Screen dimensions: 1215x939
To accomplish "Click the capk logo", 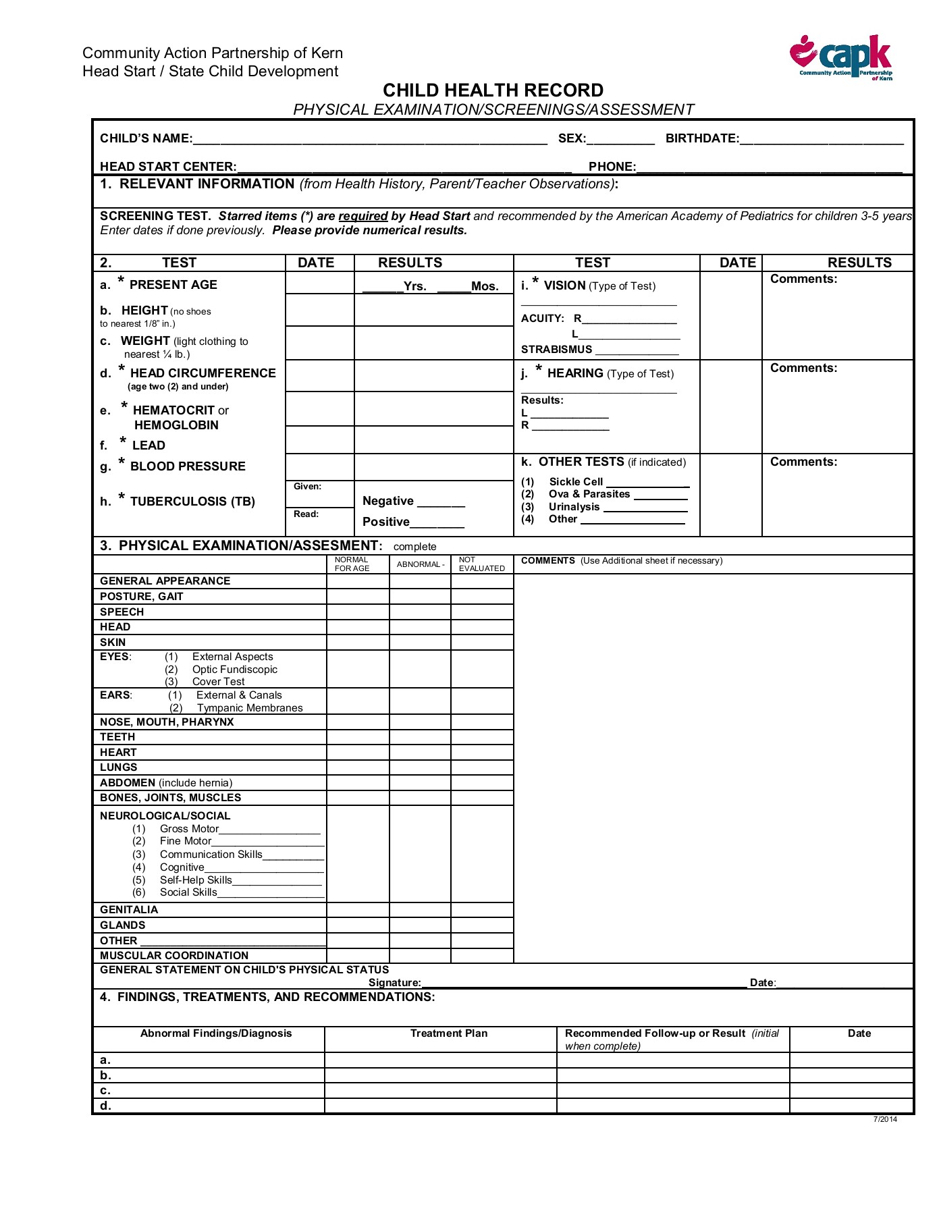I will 842,57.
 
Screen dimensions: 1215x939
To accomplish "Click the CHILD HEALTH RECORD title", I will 493,90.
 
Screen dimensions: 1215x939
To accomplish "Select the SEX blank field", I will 620,138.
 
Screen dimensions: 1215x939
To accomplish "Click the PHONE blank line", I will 769,167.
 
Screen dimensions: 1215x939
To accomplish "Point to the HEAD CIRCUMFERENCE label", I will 203,373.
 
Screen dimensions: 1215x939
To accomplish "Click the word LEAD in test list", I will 149,446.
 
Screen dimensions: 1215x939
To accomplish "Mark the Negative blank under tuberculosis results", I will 441,502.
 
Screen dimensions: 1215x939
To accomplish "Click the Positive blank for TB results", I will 437,522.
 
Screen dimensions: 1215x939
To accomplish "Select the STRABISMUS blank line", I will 637,350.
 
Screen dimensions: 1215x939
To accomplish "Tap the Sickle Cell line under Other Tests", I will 647,482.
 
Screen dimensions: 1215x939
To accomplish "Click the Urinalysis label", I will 574,507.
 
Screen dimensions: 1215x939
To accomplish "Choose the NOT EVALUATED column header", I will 481,564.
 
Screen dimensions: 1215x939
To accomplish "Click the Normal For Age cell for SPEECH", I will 358,612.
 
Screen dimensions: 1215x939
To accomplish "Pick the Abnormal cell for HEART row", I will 420,753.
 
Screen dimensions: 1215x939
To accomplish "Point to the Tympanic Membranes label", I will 250,708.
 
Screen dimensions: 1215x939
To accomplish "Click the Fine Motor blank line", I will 268,842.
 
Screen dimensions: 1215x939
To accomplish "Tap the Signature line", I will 584,983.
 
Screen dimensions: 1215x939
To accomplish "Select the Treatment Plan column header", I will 448,1033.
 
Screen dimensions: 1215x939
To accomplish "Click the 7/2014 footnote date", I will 885,1119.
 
